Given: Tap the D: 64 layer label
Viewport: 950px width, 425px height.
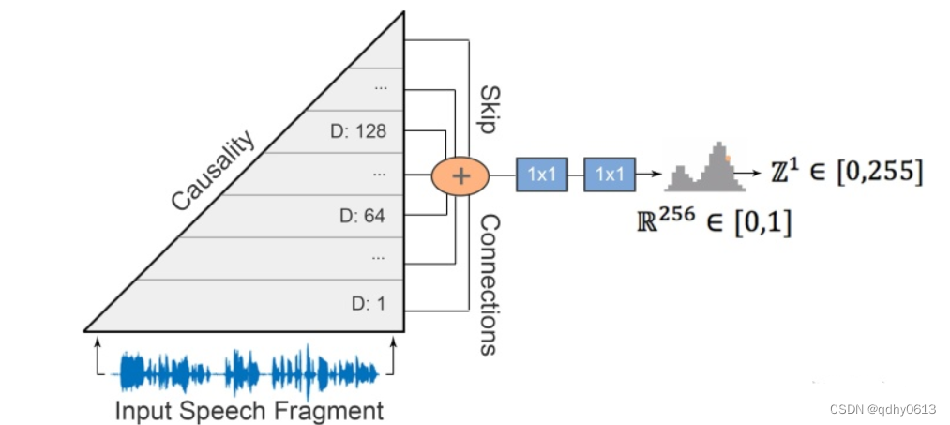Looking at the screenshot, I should [362, 216].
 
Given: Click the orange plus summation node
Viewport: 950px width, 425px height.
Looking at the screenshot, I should [460, 174].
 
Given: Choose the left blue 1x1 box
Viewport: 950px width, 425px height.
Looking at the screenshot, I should [542, 175].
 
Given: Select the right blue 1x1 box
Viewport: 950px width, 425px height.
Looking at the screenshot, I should [610, 175].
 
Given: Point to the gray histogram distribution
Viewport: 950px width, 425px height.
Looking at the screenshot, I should [699, 168].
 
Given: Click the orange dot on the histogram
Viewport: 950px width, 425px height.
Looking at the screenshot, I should [726, 159].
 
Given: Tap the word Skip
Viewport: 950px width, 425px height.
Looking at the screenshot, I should [488, 108].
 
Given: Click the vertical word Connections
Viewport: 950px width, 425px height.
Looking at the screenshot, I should [488, 283].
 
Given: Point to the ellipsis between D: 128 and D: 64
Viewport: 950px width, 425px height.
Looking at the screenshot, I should [380, 174].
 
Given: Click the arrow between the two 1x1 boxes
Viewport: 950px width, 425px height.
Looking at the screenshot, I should [576, 175].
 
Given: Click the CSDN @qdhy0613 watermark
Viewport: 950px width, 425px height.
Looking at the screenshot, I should [884, 409].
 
